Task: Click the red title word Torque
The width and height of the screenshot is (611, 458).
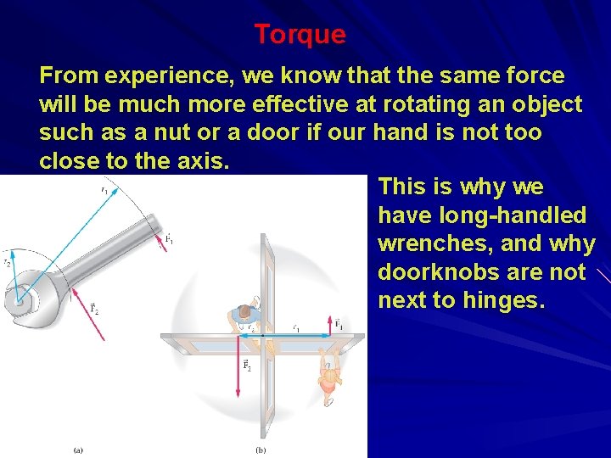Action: point(300,35)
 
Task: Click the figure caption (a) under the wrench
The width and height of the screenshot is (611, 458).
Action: point(78,450)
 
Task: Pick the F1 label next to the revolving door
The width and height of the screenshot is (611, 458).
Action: point(339,324)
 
